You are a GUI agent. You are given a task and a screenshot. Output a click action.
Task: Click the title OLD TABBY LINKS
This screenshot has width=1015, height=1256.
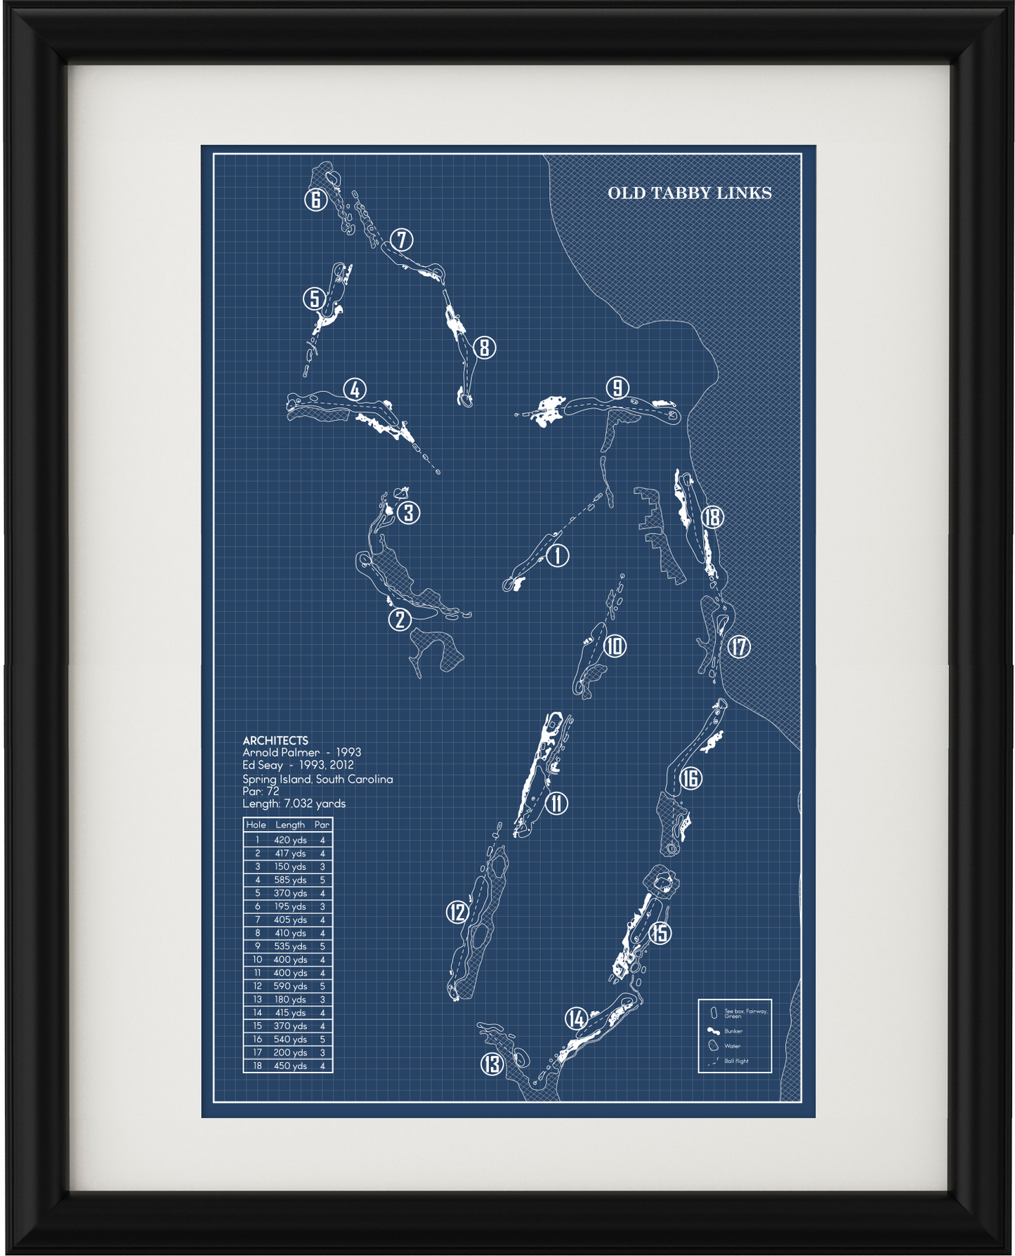pyautogui.click(x=689, y=193)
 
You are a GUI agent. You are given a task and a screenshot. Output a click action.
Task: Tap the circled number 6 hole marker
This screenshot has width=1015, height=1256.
pyautogui.click(x=316, y=200)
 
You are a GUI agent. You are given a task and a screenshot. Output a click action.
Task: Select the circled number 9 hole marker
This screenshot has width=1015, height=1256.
pyautogui.click(x=617, y=387)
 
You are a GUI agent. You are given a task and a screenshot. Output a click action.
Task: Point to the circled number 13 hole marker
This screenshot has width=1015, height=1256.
pyautogui.click(x=492, y=1064)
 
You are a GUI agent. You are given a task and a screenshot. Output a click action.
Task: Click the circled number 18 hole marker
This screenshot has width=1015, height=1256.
pyautogui.click(x=712, y=517)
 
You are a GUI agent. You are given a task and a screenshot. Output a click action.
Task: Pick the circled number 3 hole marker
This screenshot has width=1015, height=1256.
pyautogui.click(x=409, y=512)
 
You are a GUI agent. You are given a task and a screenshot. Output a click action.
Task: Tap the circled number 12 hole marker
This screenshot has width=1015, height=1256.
pyautogui.click(x=457, y=912)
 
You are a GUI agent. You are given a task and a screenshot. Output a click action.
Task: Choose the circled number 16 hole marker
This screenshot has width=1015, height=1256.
pyautogui.click(x=691, y=778)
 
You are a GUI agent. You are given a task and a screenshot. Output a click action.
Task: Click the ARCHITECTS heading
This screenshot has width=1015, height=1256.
pyautogui.click(x=275, y=740)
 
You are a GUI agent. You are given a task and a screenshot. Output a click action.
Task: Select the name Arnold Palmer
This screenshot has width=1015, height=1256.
pyautogui.click(x=281, y=752)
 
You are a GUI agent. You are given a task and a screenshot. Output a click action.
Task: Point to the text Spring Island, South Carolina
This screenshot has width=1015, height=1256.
pyautogui.click(x=317, y=779)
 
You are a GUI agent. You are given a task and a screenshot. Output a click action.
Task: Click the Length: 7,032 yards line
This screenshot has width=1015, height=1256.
pyautogui.click(x=294, y=804)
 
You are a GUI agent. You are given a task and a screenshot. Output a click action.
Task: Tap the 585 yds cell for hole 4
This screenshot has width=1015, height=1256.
pyautogui.click(x=290, y=879)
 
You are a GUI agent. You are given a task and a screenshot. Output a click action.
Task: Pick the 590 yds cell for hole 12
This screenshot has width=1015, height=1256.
pyautogui.click(x=290, y=986)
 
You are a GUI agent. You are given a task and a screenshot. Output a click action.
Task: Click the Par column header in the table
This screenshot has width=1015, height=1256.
pyautogui.click(x=322, y=825)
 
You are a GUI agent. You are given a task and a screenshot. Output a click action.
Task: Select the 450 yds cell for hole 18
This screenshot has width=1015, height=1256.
pyautogui.click(x=290, y=1066)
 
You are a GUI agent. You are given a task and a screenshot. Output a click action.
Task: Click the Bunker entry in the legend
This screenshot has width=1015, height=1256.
pyautogui.click(x=733, y=1031)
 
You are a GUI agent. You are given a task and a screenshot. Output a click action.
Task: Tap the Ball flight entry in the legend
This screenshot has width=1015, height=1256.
pyautogui.click(x=736, y=1061)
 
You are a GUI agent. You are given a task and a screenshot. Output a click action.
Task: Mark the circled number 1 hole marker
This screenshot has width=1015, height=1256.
pyautogui.click(x=557, y=556)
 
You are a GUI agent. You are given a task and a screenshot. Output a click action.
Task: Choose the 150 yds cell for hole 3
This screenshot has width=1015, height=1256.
pyautogui.click(x=290, y=866)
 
